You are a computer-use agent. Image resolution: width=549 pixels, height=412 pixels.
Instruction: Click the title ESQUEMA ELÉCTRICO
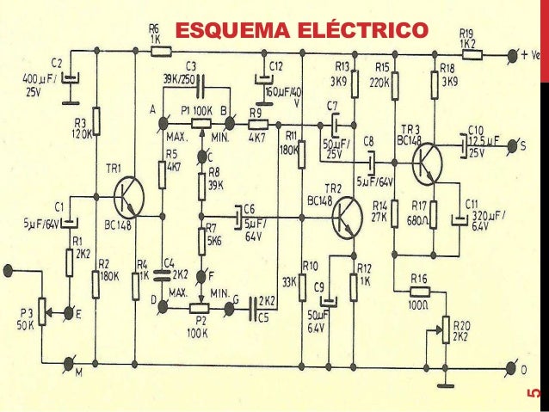point(300,32)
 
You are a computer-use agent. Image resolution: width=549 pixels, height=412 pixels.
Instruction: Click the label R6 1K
point(155,34)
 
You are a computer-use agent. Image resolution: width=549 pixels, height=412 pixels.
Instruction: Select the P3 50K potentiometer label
point(25,321)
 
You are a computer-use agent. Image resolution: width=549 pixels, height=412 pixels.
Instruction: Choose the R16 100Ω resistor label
point(420,285)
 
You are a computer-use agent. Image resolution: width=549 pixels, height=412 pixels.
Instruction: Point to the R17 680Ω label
point(421,212)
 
